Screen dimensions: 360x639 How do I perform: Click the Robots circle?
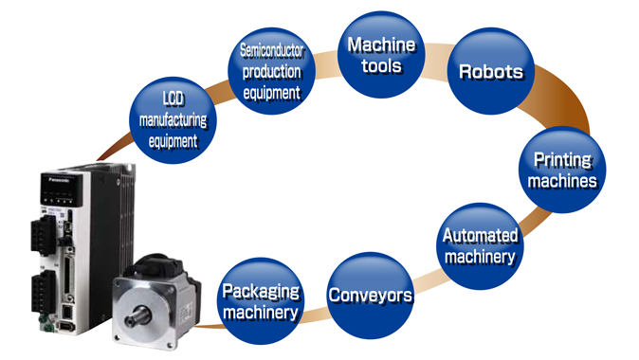coord(491,71)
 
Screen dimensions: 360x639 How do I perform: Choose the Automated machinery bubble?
coord(481,245)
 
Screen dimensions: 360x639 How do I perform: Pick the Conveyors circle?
coord(370,295)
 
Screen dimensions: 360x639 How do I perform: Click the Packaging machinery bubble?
coord(260,300)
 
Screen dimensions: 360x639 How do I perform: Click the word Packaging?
coord(260,290)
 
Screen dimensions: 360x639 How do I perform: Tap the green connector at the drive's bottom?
coord(41,321)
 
